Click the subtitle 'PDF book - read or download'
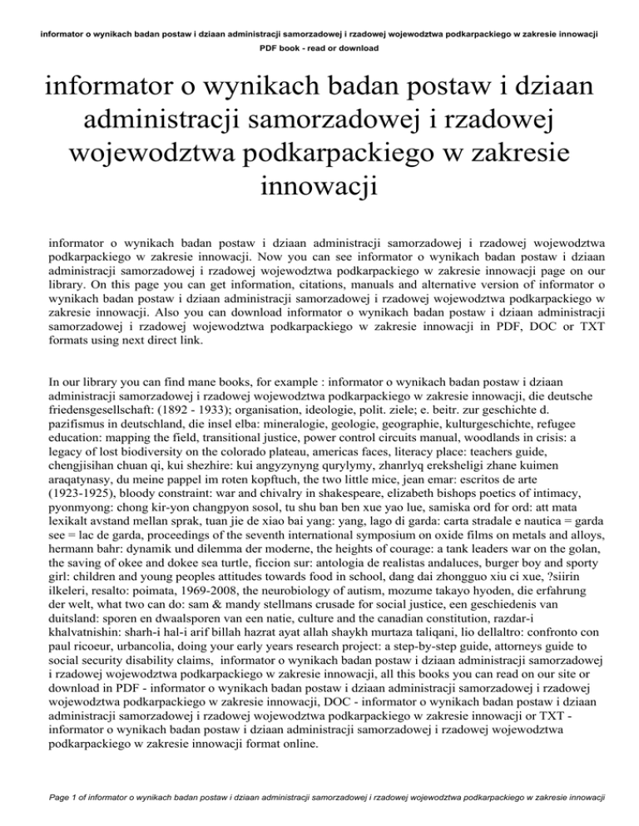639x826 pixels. [319, 49]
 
